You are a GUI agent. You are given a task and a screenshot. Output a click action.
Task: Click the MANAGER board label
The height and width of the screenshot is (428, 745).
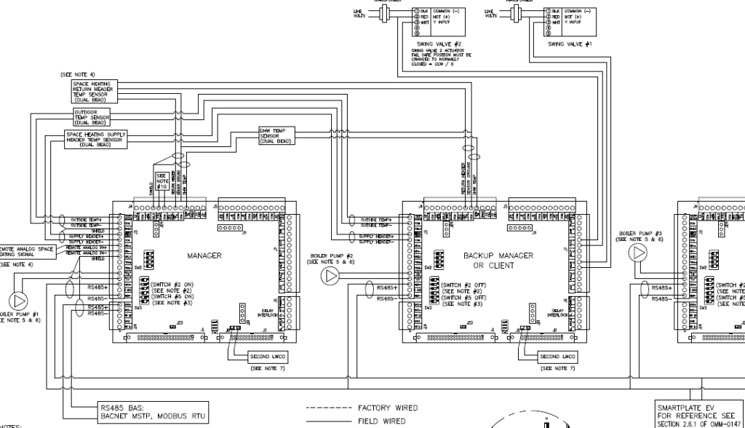coord(204,256)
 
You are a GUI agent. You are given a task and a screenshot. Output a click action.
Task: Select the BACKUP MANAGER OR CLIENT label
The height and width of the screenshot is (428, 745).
coord(498,261)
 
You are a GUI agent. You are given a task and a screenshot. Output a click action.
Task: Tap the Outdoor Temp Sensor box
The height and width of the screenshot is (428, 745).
coord(92,116)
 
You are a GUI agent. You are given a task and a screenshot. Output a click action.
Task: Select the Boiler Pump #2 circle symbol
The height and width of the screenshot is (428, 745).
coord(332,276)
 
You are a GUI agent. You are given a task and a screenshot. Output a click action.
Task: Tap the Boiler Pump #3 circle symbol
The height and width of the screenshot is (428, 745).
coord(639,253)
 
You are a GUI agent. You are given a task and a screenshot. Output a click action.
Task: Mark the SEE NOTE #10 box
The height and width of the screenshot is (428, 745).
coord(162,180)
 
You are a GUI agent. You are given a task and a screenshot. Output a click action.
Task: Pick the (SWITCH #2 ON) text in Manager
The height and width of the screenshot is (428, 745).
coord(172,285)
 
